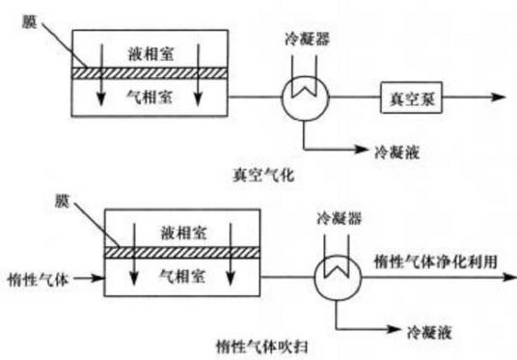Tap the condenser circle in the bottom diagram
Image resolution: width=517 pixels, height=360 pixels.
(338, 275)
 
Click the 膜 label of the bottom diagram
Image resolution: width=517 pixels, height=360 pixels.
(62, 205)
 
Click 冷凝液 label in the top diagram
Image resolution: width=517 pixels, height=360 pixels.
(395, 151)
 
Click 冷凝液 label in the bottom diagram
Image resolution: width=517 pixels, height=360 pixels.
(425, 330)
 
